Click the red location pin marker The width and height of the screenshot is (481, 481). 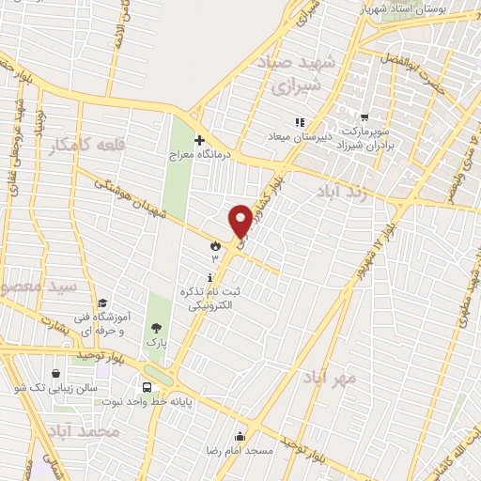click(240, 220)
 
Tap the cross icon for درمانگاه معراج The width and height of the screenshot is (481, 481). click(199, 140)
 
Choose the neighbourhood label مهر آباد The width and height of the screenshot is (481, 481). click(330, 378)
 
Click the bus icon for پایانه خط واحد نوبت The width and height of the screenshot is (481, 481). click(147, 387)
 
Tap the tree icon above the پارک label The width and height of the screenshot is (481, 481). click(155, 327)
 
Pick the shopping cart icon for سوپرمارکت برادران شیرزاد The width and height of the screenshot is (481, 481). click(363, 118)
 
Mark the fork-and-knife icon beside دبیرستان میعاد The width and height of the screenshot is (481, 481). click(299, 121)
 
